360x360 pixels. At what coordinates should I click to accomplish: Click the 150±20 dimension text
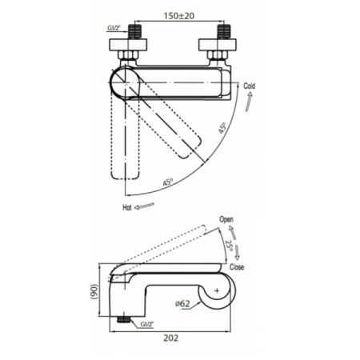coord(179,16)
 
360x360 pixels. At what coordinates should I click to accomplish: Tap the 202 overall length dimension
coord(170,338)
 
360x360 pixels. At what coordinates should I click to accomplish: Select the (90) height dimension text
coord(94,292)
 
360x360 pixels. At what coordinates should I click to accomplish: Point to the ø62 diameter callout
coord(182,303)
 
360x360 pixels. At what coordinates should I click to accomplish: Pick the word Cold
coord(250,86)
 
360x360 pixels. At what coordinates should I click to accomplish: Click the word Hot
coord(127,207)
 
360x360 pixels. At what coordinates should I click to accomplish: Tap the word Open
coord(226,220)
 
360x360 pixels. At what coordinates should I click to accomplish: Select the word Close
coord(237,267)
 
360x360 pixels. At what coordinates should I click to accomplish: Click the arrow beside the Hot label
coord(144,206)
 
